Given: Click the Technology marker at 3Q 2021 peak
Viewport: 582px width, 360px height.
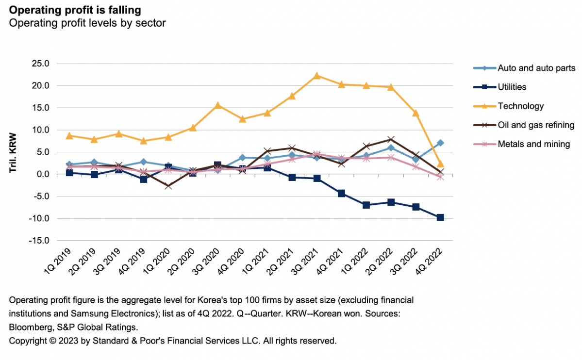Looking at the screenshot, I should coord(316,76).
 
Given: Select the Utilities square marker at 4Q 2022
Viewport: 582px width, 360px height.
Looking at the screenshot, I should coord(440,218).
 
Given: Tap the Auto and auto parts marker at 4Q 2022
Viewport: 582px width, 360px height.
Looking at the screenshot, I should coord(440,143).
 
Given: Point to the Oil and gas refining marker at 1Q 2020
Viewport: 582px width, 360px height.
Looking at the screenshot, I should coord(168,186).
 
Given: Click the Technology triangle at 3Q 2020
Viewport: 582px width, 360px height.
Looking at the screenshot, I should coord(217,105).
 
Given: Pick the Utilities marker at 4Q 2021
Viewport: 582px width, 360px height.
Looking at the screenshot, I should coord(341,194).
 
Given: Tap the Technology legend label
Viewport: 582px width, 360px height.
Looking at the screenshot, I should coord(520,106).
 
